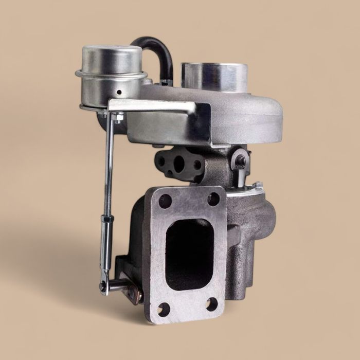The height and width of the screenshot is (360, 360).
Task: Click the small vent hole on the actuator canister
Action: tap(119, 93)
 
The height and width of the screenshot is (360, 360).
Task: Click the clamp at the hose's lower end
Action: tap(164, 81)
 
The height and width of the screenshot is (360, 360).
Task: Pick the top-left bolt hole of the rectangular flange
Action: tap(165, 201)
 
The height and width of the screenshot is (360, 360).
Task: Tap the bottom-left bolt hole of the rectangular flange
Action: tap(163, 309)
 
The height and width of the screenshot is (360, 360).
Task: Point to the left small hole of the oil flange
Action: tap(162, 160)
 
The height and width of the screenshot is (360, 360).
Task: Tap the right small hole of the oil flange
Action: tap(197, 165)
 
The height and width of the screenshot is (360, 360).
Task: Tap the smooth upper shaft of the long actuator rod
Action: tap(110, 154)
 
